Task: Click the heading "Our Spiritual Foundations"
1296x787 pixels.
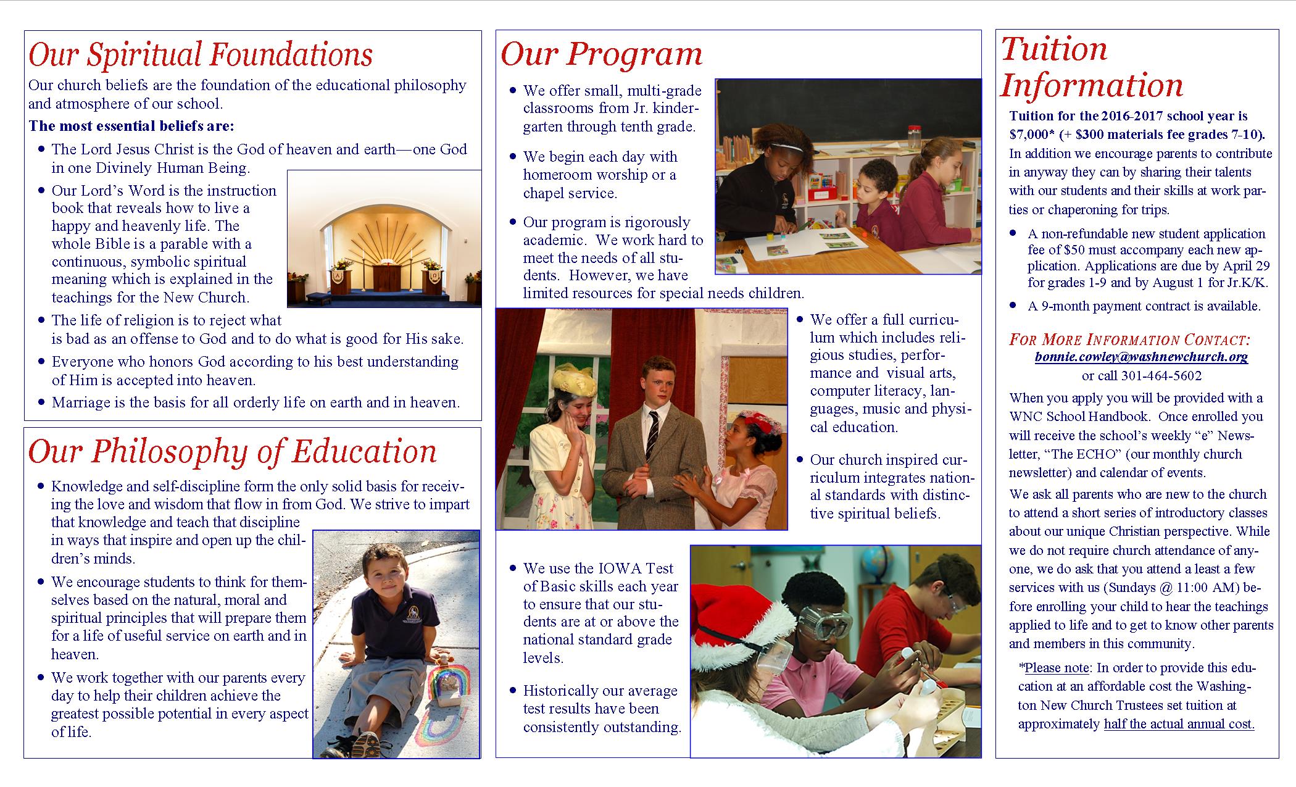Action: click(x=201, y=54)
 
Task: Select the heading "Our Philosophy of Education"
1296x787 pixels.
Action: click(x=232, y=451)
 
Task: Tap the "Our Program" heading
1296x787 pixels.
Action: click(x=601, y=54)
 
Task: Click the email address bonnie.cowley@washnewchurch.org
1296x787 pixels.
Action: click(x=1141, y=357)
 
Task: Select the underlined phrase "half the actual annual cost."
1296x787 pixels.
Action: click(x=1179, y=724)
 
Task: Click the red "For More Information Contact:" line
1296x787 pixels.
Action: click(x=1129, y=339)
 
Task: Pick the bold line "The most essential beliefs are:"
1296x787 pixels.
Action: click(x=131, y=127)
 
